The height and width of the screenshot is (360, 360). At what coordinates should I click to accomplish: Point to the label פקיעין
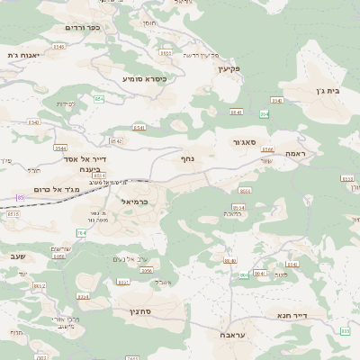click(230, 67)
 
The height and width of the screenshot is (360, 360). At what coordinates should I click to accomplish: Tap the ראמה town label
click(295, 154)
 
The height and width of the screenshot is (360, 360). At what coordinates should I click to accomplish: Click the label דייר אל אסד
click(86, 158)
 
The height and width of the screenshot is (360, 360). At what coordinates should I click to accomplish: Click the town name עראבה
click(234, 334)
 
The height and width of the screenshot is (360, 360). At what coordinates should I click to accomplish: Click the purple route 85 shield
click(20, 197)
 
